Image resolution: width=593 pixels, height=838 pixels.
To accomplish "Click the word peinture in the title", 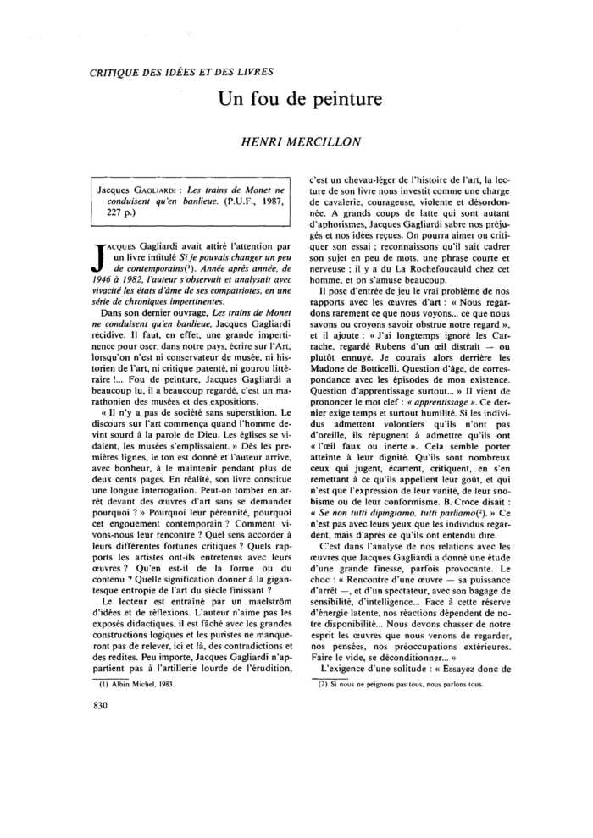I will coord(341,99).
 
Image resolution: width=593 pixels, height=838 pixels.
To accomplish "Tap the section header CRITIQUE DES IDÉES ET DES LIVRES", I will coord(181,72).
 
